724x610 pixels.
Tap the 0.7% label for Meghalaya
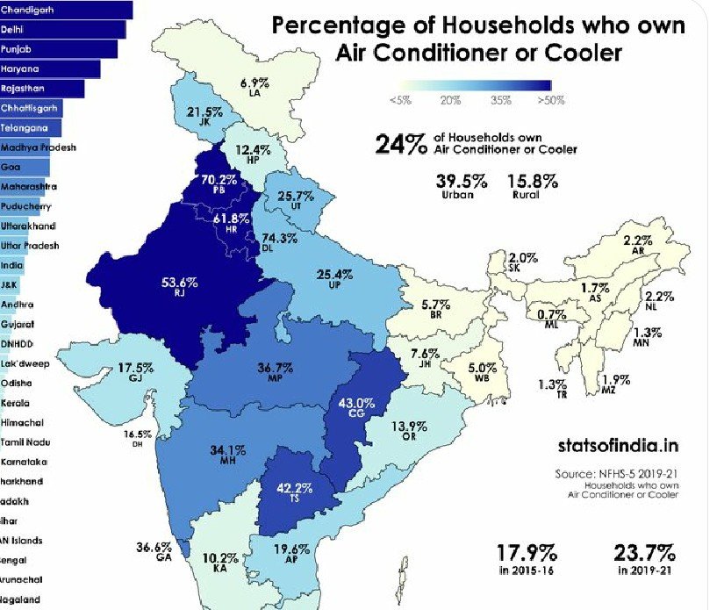[551, 314]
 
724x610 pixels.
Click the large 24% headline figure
[401, 144]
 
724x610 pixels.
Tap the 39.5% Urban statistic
[461, 182]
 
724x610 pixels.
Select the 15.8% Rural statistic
[532, 182]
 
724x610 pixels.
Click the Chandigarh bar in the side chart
[66, 10]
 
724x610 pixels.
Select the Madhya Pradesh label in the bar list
[38, 147]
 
